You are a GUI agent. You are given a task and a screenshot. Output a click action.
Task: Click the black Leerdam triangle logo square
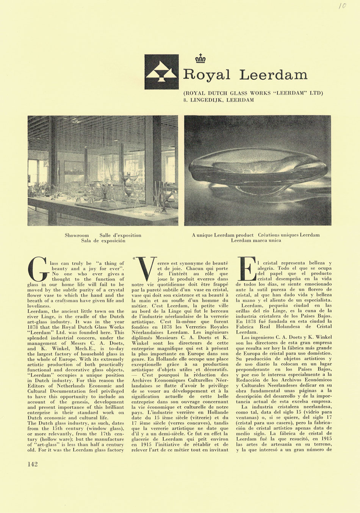(161, 72)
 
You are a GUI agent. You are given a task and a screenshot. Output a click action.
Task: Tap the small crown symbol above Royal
(200, 58)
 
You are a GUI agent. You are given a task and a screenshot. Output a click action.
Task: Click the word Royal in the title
(207, 75)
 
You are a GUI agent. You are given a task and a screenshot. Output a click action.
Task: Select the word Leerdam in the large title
(273, 75)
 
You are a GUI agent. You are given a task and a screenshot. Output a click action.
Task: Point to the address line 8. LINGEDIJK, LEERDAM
(219, 100)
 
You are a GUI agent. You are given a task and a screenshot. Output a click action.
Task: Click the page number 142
(33, 464)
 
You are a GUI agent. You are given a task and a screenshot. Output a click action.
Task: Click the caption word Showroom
(77, 235)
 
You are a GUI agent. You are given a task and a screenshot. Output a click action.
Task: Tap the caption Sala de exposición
(103, 241)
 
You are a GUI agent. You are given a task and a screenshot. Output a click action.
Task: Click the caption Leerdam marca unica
(256, 240)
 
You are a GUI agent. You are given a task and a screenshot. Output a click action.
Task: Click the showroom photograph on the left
(103, 170)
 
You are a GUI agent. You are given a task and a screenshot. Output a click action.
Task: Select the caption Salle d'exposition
(120, 235)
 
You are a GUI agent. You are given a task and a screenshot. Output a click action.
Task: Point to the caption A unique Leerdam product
(222, 235)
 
